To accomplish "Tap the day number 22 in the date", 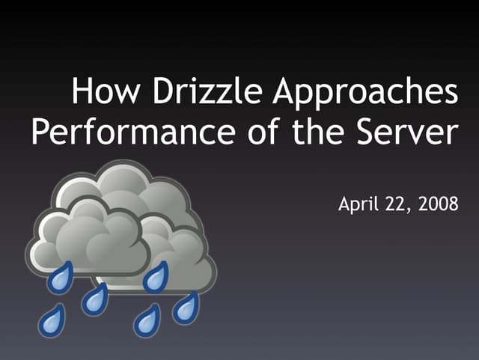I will click(x=398, y=204).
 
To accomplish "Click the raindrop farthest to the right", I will click(x=186, y=307).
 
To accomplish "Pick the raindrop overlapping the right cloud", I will click(x=156, y=278).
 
